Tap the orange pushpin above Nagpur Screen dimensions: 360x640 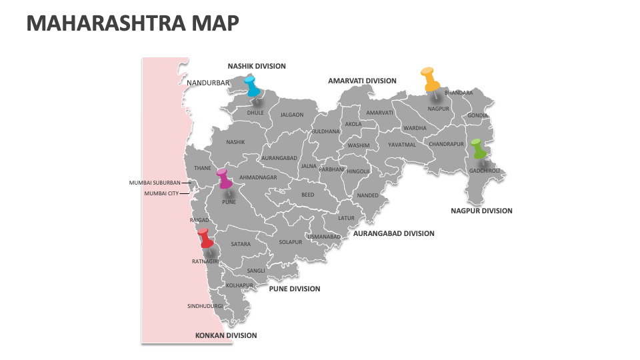pyautogui.click(x=430, y=79)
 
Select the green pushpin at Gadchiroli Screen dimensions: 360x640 pyautogui.click(x=478, y=149)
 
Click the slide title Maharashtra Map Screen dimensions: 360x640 pyautogui.click(x=133, y=24)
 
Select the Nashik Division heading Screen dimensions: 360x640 pyautogui.click(x=257, y=66)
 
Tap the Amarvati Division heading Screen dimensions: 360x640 pyautogui.click(x=362, y=81)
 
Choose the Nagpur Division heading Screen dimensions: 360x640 pyautogui.click(x=481, y=211)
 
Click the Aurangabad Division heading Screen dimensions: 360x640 pyautogui.click(x=393, y=233)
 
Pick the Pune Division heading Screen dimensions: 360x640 pyautogui.click(x=294, y=289)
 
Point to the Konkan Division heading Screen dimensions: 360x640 pyautogui.click(x=225, y=335)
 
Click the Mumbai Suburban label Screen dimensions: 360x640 pyautogui.click(x=155, y=182)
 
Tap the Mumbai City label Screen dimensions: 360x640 pyautogui.click(x=161, y=193)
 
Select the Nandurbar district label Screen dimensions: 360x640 pyautogui.click(x=207, y=83)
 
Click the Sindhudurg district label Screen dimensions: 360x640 pyautogui.click(x=205, y=306)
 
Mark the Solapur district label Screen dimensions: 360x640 pyautogui.click(x=291, y=242)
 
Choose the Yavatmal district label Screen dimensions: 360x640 pyautogui.click(x=402, y=145)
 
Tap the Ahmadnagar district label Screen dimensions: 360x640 pyautogui.click(x=258, y=177)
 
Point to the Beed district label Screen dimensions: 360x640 pyautogui.click(x=307, y=195)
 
